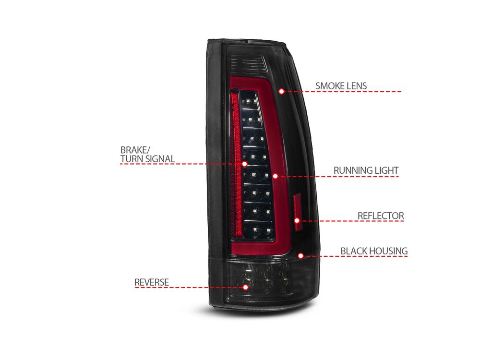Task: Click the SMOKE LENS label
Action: pyautogui.click(x=341, y=86)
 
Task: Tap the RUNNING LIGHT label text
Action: pyautogui.click(x=366, y=170)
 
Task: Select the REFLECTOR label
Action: pyautogui.click(x=381, y=216)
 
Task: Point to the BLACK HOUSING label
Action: pyautogui.click(x=374, y=251)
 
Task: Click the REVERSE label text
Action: pyautogui.click(x=151, y=282)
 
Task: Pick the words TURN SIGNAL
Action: pyautogui.click(x=147, y=159)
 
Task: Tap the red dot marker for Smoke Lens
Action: pyautogui.click(x=282, y=91)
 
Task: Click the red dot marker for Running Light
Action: pyautogui.click(x=275, y=176)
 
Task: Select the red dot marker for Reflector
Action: pyautogui.click(x=297, y=220)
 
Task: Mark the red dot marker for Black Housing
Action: pyautogui.click(x=301, y=256)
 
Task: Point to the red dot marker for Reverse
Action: pyautogui.click(x=246, y=287)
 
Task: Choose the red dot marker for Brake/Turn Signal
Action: pyautogui.click(x=245, y=164)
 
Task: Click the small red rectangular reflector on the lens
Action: pyautogui.click(x=298, y=212)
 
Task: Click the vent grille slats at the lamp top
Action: pyautogui.click(x=249, y=63)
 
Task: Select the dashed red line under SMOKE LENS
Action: pyautogui.click(x=343, y=92)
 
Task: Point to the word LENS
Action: pyautogui.click(x=356, y=86)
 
